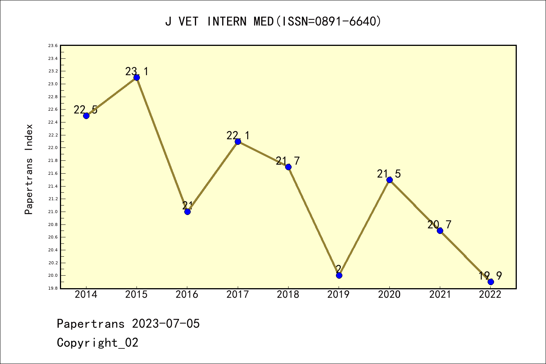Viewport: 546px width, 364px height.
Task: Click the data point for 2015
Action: tap(136, 77)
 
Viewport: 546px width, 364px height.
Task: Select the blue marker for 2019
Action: tap(339, 275)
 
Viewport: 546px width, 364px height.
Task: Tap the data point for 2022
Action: tap(491, 282)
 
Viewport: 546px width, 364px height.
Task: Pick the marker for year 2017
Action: tap(238, 141)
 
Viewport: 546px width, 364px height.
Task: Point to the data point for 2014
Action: tap(86, 116)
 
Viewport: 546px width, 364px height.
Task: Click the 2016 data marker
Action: tap(187, 212)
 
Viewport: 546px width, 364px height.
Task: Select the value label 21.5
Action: tap(389, 174)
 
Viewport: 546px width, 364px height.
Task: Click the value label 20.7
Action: tap(439, 224)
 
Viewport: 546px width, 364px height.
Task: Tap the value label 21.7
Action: tap(288, 161)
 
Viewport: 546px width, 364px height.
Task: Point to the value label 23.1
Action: tap(137, 71)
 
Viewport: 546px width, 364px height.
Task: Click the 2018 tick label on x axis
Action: tap(288, 294)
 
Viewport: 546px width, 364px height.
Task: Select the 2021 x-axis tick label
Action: tap(440, 294)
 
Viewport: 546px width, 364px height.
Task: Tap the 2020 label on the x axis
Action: tap(389, 294)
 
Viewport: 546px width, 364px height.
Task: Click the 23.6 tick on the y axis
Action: tap(53, 45)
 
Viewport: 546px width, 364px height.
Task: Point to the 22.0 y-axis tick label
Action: tap(53, 148)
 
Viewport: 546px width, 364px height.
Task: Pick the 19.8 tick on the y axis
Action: tap(53, 288)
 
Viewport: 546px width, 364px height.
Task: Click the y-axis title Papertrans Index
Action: tap(29, 169)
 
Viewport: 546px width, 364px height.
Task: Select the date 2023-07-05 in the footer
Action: tap(166, 324)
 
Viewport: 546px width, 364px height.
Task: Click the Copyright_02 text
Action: tap(97, 343)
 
